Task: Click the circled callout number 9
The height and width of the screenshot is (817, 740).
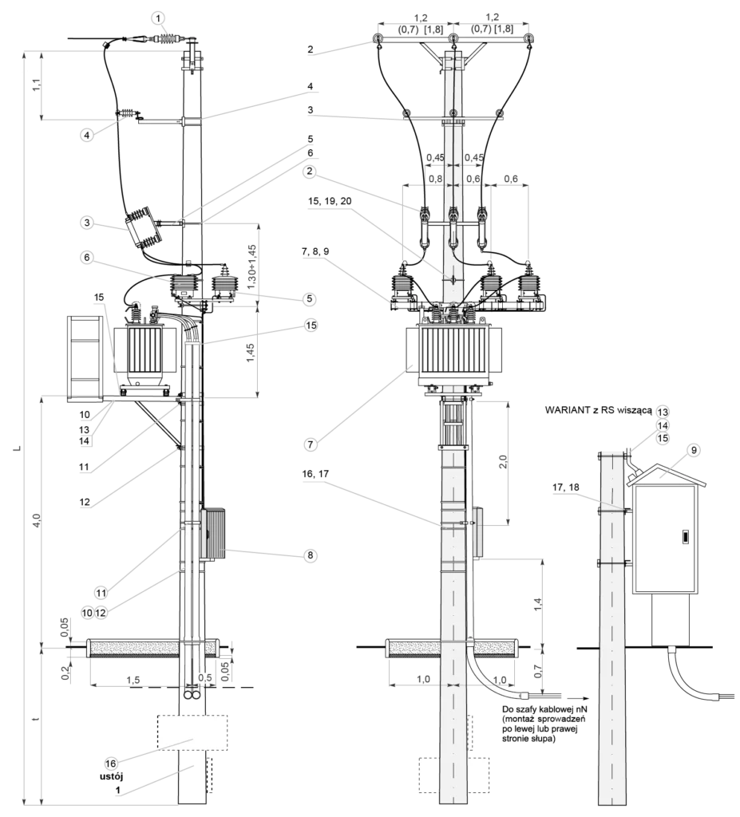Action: (693, 450)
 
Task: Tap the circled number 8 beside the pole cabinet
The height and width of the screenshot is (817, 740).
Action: (311, 555)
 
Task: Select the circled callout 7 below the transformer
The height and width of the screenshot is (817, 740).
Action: (311, 444)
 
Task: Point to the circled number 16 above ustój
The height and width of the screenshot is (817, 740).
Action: (110, 764)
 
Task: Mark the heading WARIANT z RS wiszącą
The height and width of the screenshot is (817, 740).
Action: (599, 409)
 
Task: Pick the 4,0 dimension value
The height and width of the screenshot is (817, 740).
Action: (37, 519)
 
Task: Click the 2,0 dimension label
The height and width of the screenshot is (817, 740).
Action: (502, 462)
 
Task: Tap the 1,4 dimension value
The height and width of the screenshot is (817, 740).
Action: (538, 603)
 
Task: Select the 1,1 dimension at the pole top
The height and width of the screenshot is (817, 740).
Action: (37, 85)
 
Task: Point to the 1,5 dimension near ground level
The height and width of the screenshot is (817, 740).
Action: (133, 681)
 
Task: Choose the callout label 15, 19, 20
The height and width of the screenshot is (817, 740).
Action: (330, 200)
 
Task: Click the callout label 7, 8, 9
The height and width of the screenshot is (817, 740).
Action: (315, 251)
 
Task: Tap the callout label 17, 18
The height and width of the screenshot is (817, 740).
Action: (566, 487)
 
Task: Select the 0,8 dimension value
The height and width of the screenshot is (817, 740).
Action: (435, 179)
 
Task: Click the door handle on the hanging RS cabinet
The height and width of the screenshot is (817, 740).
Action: (684, 537)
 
